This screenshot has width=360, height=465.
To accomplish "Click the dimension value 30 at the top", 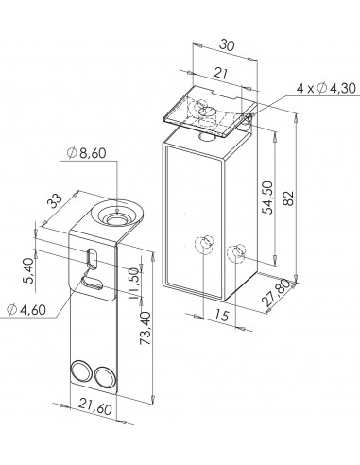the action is coord(227,45).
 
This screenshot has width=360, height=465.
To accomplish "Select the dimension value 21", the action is coord(221,74).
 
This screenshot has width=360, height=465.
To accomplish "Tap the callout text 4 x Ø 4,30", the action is coord(326,88).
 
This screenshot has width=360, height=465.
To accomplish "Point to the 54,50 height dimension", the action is coord(268,198).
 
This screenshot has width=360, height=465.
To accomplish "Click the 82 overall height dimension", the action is coord(289,198).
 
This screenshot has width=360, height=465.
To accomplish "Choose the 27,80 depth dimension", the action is coord(275,293).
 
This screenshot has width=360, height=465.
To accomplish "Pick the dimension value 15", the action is coord(222,315).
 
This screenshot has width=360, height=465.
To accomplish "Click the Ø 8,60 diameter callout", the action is coord(86,153).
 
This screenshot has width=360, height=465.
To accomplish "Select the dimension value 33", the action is coord(56,201).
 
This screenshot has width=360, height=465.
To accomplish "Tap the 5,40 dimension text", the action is coord(29,270).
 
